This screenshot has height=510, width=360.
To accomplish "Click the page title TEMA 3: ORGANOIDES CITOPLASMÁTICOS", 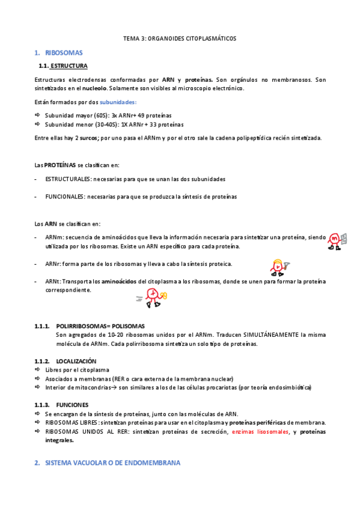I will coord(180,38).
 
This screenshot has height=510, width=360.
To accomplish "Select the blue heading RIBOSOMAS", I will coord(64,53).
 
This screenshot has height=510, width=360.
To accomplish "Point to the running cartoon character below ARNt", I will coord(153,296).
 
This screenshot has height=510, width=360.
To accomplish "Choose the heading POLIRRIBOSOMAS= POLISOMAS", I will coord(100,326).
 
